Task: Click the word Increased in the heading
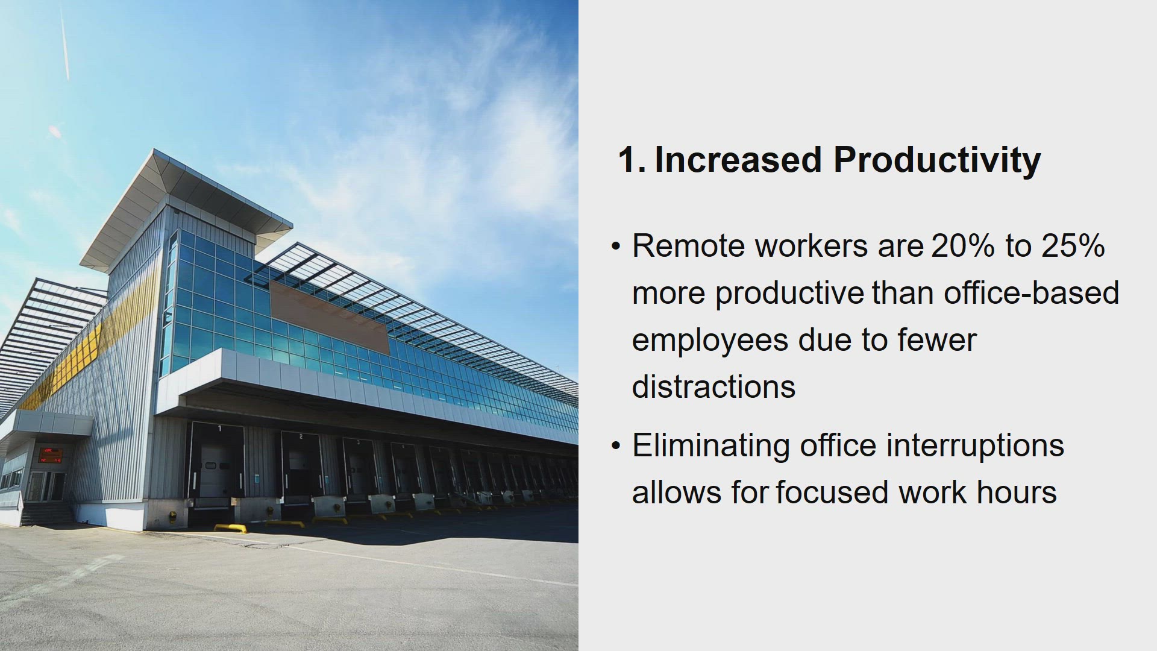pos(738,160)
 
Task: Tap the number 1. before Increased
pos(632,160)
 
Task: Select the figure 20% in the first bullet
pos(963,246)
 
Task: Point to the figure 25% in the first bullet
pos(1073,246)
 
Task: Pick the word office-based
pos(1032,293)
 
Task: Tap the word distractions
pos(714,386)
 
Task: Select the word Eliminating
pos(711,446)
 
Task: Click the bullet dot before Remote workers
pos(615,247)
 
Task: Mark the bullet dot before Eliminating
pos(615,447)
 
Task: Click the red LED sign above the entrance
pos(52,454)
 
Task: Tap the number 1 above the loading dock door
pos(219,429)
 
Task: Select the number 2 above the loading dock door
pos(301,436)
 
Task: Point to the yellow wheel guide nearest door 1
pos(231,529)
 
